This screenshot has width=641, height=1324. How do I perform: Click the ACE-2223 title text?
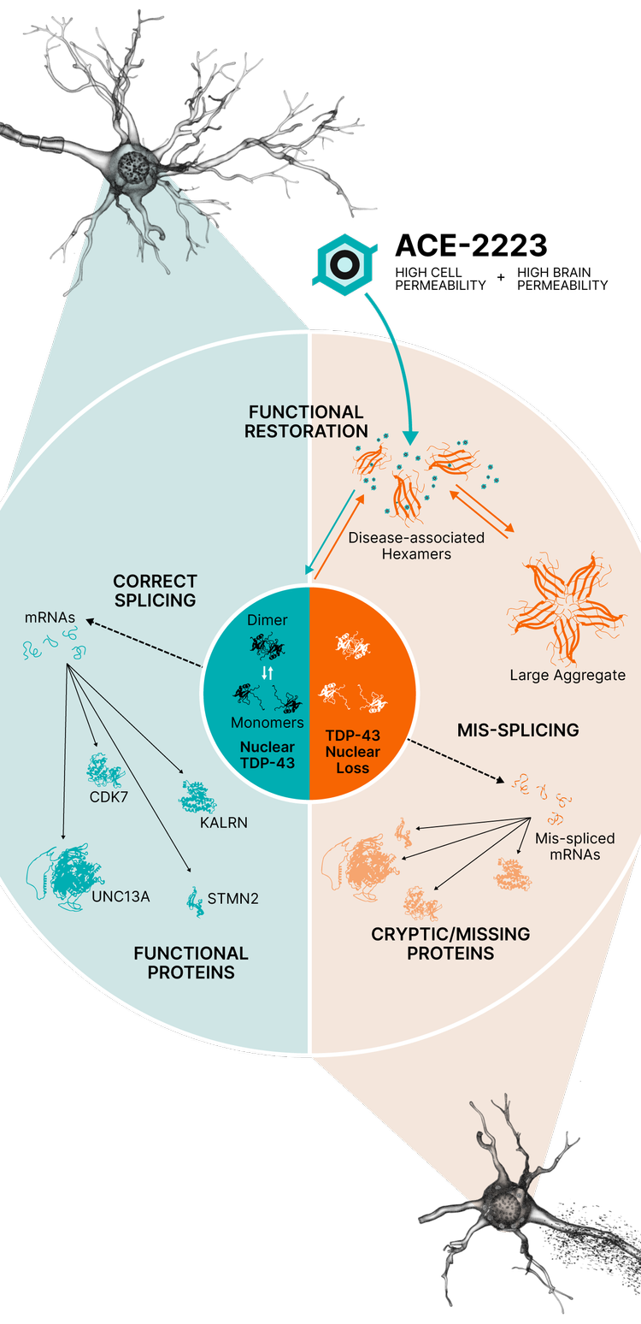[471, 245]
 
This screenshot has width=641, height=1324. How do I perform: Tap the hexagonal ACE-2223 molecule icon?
[344, 264]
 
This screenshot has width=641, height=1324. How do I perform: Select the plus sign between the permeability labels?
[501, 276]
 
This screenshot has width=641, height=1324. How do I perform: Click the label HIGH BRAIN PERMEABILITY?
[562, 279]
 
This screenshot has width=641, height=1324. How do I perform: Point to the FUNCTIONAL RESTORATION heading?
[306, 422]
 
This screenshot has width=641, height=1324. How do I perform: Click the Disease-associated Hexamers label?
[416, 546]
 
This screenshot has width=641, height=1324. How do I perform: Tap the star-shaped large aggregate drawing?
[566, 609]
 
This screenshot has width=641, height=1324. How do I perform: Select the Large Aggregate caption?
[567, 675]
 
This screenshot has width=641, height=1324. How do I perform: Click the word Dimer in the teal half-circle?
[267, 620]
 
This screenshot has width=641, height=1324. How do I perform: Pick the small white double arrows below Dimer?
[268, 672]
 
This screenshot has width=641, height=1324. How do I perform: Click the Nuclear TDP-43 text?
[268, 754]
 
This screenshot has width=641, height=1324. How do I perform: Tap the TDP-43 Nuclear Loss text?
[353, 752]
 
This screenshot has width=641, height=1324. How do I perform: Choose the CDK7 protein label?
[109, 797]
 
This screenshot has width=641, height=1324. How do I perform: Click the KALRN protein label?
[223, 823]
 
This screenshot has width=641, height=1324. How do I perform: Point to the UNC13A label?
[121, 896]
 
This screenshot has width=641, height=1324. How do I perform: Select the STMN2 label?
[232, 898]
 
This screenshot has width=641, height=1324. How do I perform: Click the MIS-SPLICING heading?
[518, 730]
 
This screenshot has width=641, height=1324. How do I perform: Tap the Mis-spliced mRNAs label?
[575, 847]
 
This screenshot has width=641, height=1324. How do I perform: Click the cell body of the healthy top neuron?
[135, 169]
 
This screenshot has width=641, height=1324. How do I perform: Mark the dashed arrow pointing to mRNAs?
[144, 643]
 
